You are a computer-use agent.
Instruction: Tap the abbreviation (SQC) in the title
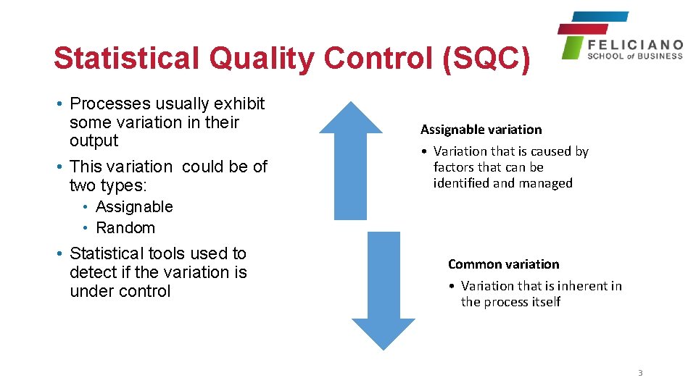pyautogui.click(x=486, y=58)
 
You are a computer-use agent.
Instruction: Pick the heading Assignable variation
pyautogui.click(x=481, y=130)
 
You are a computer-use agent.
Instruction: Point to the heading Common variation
pyautogui.click(x=503, y=264)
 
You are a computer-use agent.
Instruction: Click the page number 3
pyautogui.click(x=640, y=373)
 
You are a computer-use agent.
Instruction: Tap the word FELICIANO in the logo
pyautogui.click(x=635, y=45)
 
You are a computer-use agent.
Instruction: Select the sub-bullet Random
pyautogui.click(x=125, y=228)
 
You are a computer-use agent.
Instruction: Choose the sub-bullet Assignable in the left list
pyautogui.click(x=134, y=207)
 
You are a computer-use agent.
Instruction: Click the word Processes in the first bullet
pyautogui.click(x=110, y=104)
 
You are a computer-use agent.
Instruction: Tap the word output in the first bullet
pyautogui.click(x=94, y=141)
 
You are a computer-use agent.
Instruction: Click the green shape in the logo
pyautogui.click(x=573, y=47)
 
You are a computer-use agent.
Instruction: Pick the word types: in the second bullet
pyautogui.click(x=121, y=186)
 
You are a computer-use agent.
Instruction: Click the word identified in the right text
pyautogui.click(x=461, y=183)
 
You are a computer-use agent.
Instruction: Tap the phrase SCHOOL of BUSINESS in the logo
pyautogui.click(x=635, y=56)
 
